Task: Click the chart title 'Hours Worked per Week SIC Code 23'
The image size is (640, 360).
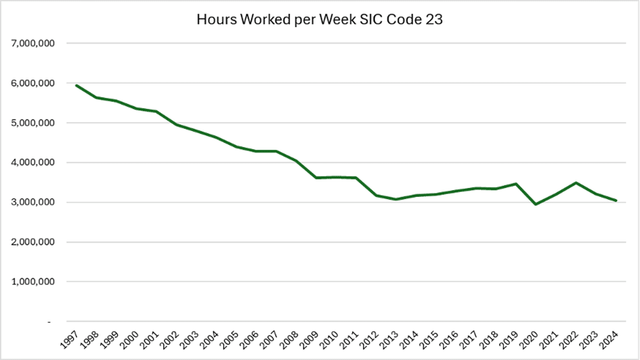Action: (319, 19)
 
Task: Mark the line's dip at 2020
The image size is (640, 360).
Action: (535, 204)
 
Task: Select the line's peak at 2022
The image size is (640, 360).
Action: (576, 183)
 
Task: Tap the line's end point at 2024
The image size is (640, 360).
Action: (616, 200)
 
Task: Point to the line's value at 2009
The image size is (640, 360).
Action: (316, 178)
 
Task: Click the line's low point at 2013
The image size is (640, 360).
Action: (398, 200)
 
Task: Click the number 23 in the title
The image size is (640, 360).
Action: (434, 19)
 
